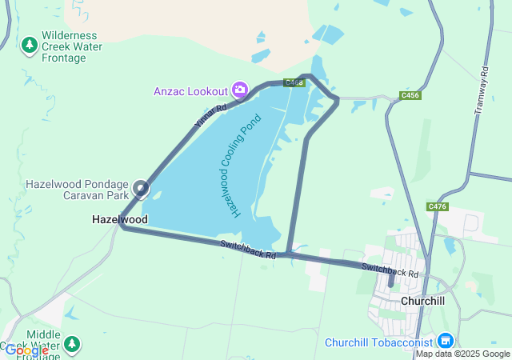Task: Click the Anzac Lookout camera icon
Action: pos(238,90)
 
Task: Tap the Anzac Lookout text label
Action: pos(190,90)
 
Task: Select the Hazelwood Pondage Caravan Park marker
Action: pos(142,190)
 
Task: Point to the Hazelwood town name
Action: pos(120,218)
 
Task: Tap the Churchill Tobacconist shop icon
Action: pos(446,342)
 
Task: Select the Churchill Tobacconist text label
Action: pos(379,342)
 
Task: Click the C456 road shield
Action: pos(410,96)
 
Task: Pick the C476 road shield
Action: pos(438,206)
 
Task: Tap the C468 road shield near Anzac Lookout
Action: pos(294,82)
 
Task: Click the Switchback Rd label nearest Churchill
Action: pos(390,270)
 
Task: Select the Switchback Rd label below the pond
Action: pos(248,250)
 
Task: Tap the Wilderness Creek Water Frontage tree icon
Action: pos(30,45)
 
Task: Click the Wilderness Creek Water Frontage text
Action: pos(70,46)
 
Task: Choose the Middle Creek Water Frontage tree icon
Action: pos(73,343)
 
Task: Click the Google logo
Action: pos(26,350)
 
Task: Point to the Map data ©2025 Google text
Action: pos(462,354)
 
